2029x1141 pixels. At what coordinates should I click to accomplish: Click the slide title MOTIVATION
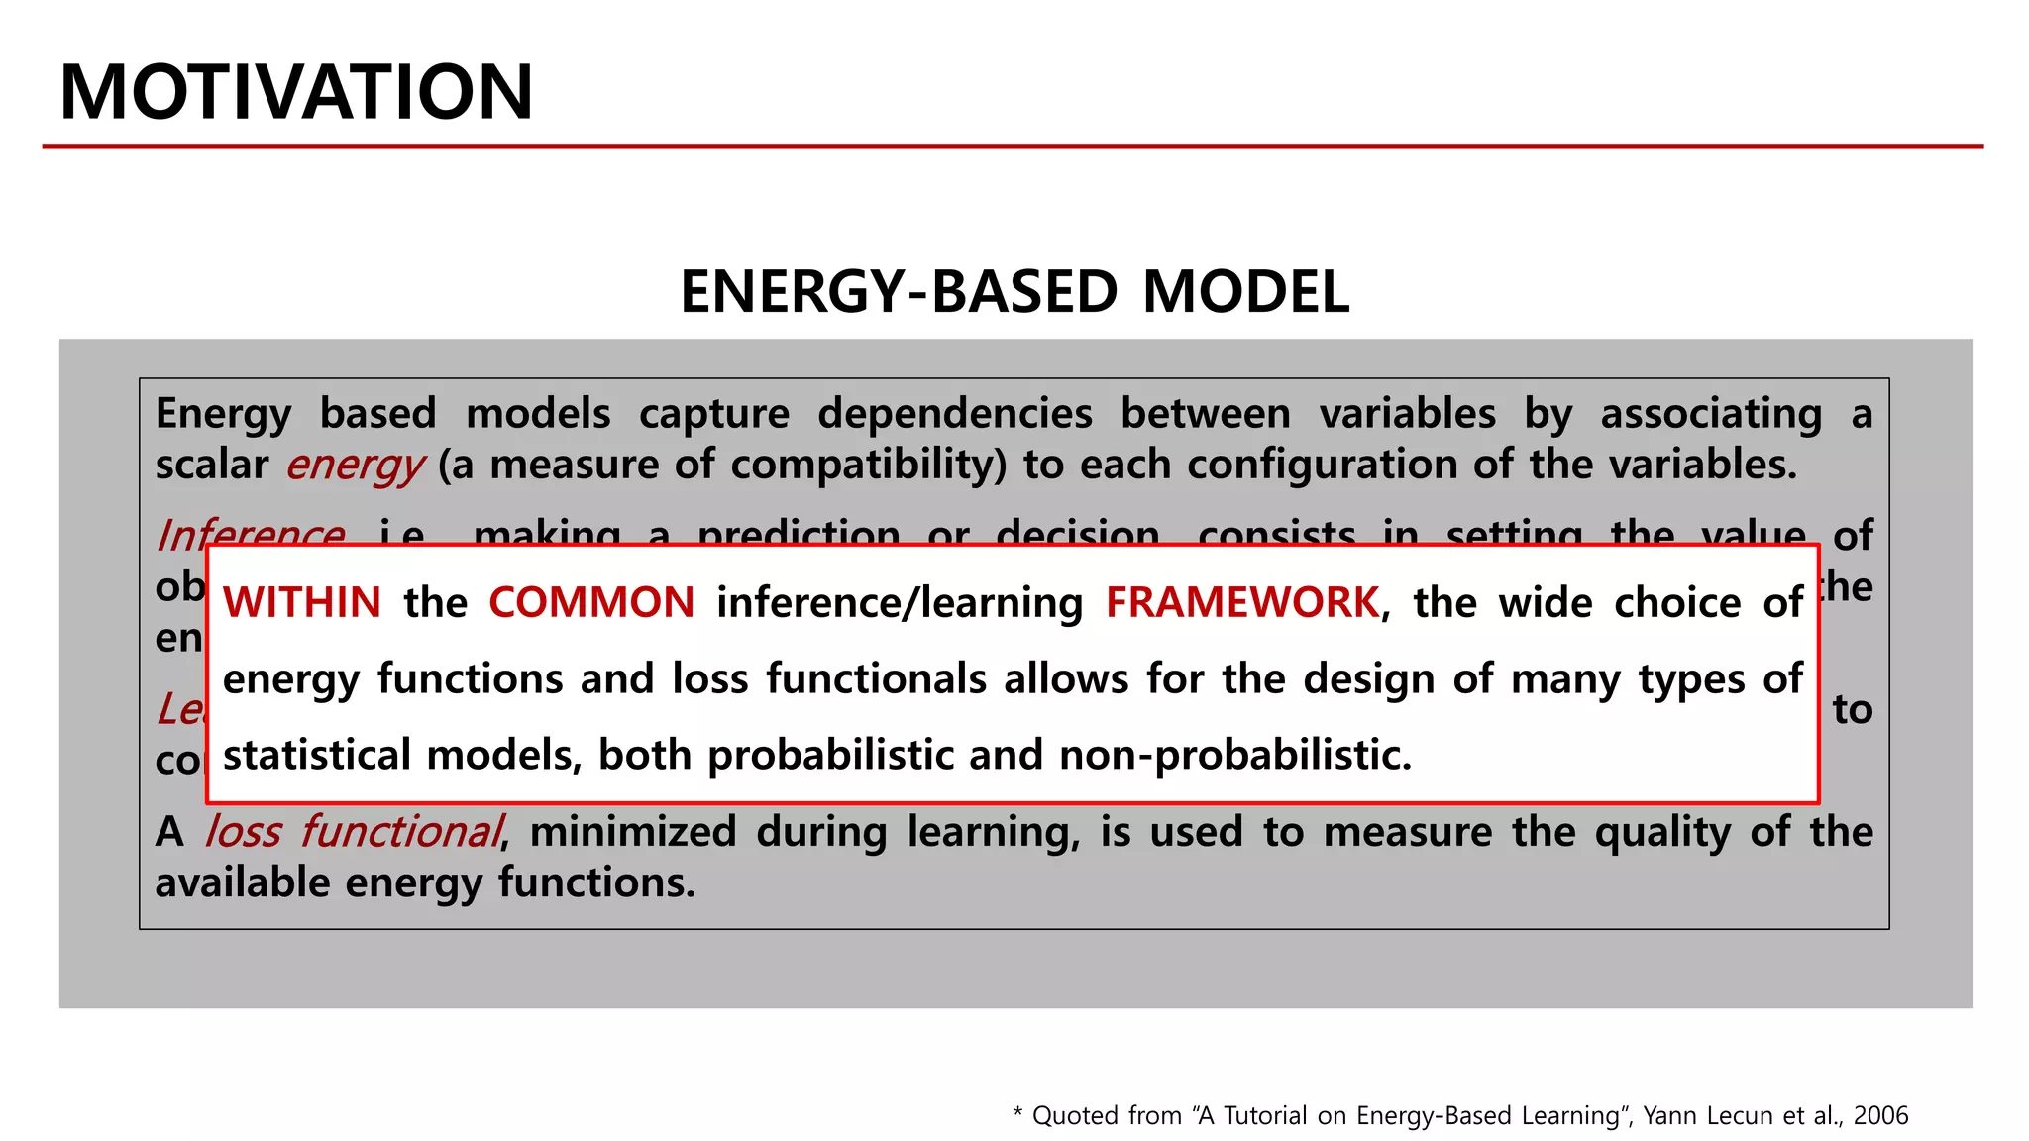point(296,92)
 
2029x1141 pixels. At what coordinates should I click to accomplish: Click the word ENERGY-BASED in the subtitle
point(898,292)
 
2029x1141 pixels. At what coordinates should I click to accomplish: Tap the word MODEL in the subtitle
point(1245,292)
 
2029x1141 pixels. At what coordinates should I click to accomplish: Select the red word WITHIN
point(302,602)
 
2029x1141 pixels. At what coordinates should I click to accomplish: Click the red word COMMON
point(591,602)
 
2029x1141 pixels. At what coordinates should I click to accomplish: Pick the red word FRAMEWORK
point(1242,602)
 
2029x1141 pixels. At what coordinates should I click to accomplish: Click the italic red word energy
point(355,465)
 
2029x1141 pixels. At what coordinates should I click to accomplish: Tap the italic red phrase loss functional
point(354,831)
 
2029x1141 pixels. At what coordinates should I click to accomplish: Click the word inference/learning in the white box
point(900,603)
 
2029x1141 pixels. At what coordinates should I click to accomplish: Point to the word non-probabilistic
point(1234,755)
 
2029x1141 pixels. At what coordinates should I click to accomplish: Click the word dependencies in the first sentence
point(954,413)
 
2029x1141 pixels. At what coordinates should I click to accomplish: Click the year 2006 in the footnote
point(1880,1115)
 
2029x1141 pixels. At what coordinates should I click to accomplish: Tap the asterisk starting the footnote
point(1017,1113)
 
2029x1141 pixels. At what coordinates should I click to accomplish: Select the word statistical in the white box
point(317,755)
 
